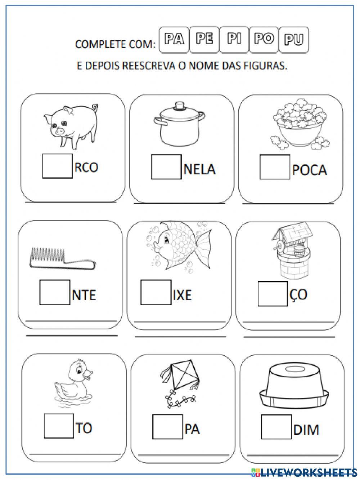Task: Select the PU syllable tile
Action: pos(294,40)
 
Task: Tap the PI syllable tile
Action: pos(234,39)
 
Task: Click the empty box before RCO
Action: pos(57,166)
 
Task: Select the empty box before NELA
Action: pos(166,167)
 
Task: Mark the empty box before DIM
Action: pos(276,427)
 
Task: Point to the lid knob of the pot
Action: pos(179,106)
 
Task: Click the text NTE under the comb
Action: pos(84,295)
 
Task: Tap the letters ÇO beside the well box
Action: pos(298,294)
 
